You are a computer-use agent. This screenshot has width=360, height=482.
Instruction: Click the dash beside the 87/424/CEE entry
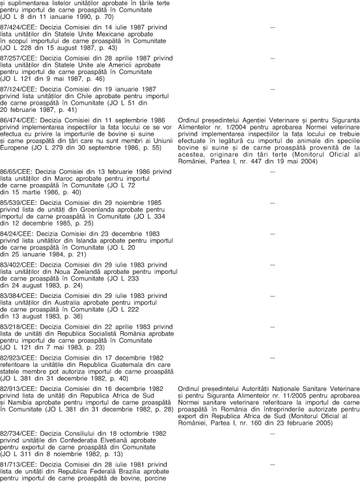click(272, 28)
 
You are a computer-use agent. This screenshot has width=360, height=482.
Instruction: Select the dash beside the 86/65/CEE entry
click(272, 172)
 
